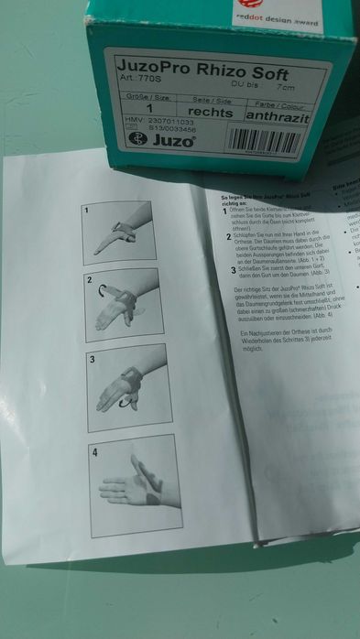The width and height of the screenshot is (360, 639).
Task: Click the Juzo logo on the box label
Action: (x=171, y=141)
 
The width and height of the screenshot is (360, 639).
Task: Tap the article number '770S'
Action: (x=139, y=79)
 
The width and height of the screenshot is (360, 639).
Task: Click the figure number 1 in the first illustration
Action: (x=86, y=211)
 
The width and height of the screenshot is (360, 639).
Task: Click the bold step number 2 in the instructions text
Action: (x=228, y=237)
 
